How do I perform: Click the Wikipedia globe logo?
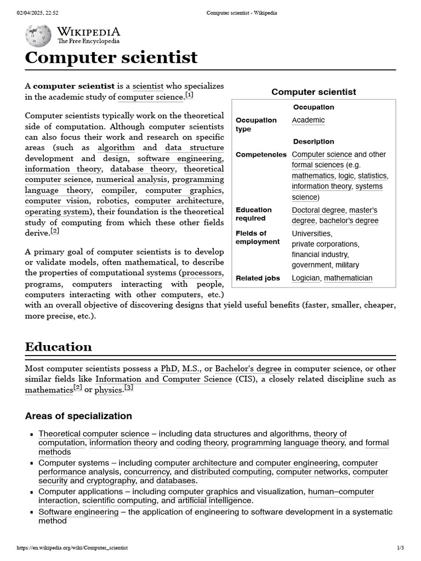pos(38,36)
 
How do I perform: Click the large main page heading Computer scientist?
pos(111,58)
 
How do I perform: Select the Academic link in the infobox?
pos(308,120)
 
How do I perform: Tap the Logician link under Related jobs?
pos(306,278)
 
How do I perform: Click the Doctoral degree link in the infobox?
pos(318,210)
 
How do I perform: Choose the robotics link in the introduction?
pos(112,201)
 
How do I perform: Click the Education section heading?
pos(59,347)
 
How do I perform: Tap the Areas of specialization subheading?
pos(78,416)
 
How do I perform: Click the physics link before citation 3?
pos(109,390)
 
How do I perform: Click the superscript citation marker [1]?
pos(190,95)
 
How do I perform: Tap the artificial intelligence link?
pos(214,500)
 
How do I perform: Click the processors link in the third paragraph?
pos(202,273)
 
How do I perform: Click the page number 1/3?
pos(400,548)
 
